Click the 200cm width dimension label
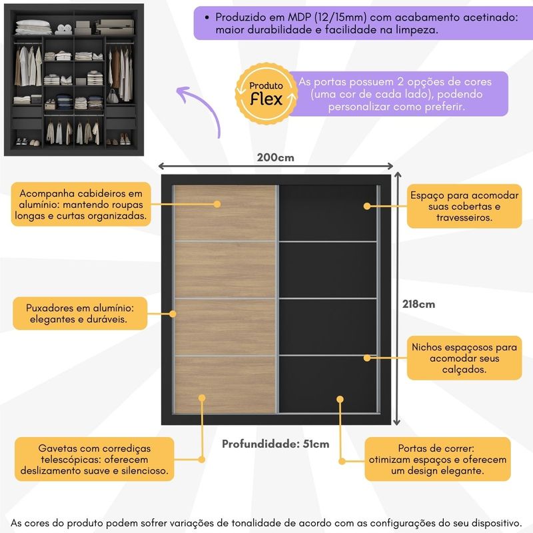click(x=275, y=158)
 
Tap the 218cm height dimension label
click(x=418, y=304)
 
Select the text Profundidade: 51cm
click(x=275, y=444)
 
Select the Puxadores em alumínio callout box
click(x=80, y=314)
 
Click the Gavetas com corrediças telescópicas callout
click(x=95, y=460)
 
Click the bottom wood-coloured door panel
click(x=225, y=384)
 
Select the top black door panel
click(x=327, y=213)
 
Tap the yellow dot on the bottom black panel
click(x=340, y=399)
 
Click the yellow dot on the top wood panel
click(x=216, y=204)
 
